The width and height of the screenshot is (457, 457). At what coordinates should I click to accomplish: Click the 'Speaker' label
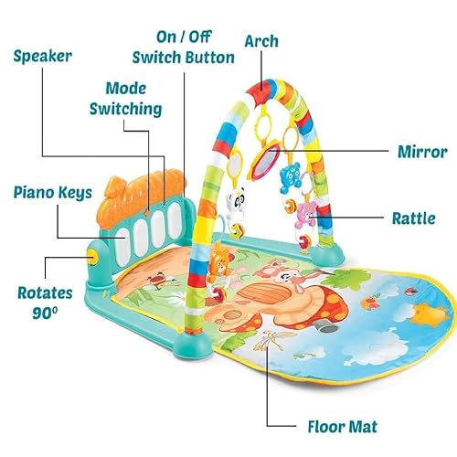(x=43, y=57)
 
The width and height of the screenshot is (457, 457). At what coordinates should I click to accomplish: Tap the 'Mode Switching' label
(x=125, y=99)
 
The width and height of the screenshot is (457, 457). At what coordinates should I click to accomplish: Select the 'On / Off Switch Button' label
(x=184, y=48)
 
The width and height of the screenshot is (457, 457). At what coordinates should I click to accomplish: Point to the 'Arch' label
(x=261, y=41)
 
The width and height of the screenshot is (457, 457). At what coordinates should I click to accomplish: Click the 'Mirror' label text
(x=422, y=152)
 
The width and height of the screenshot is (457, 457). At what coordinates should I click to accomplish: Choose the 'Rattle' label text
(x=413, y=218)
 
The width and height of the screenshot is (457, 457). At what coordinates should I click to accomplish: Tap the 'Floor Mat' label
(x=343, y=426)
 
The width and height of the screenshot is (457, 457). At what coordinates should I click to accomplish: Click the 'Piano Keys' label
(x=53, y=193)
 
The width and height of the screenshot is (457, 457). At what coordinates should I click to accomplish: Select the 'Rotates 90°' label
(x=45, y=303)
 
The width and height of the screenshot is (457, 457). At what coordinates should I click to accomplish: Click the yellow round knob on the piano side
(x=92, y=255)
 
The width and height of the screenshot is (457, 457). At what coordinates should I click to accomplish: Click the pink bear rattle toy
(x=306, y=215)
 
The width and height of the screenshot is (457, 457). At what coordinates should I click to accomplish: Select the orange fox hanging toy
(x=220, y=259)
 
